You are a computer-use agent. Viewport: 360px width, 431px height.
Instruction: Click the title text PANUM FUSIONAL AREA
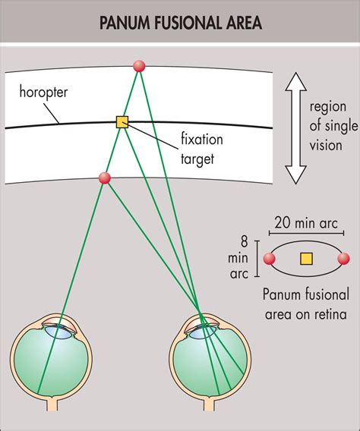tap(180, 23)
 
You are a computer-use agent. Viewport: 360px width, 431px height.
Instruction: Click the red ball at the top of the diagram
tap(139, 66)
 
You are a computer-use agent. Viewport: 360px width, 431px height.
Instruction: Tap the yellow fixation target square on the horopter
tap(122, 121)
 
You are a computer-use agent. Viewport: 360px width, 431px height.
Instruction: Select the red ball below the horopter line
tap(105, 178)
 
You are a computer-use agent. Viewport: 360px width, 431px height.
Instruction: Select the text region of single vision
tap(328, 128)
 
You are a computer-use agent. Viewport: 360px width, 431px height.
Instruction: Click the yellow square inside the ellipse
tap(306, 259)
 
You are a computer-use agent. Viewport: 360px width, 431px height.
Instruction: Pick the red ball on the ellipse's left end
tap(267, 260)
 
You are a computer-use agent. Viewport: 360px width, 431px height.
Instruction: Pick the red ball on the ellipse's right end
tap(344, 260)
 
